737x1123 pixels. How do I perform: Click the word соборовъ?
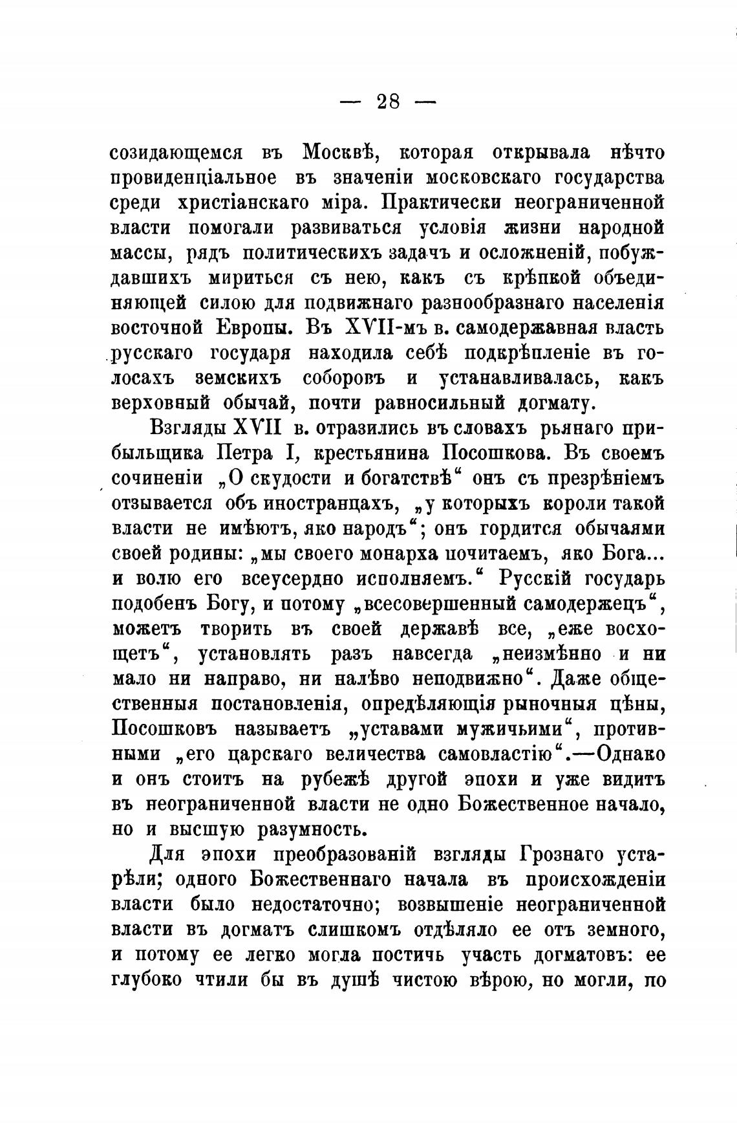coord(343,378)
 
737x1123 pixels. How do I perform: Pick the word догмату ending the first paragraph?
coord(557,404)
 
